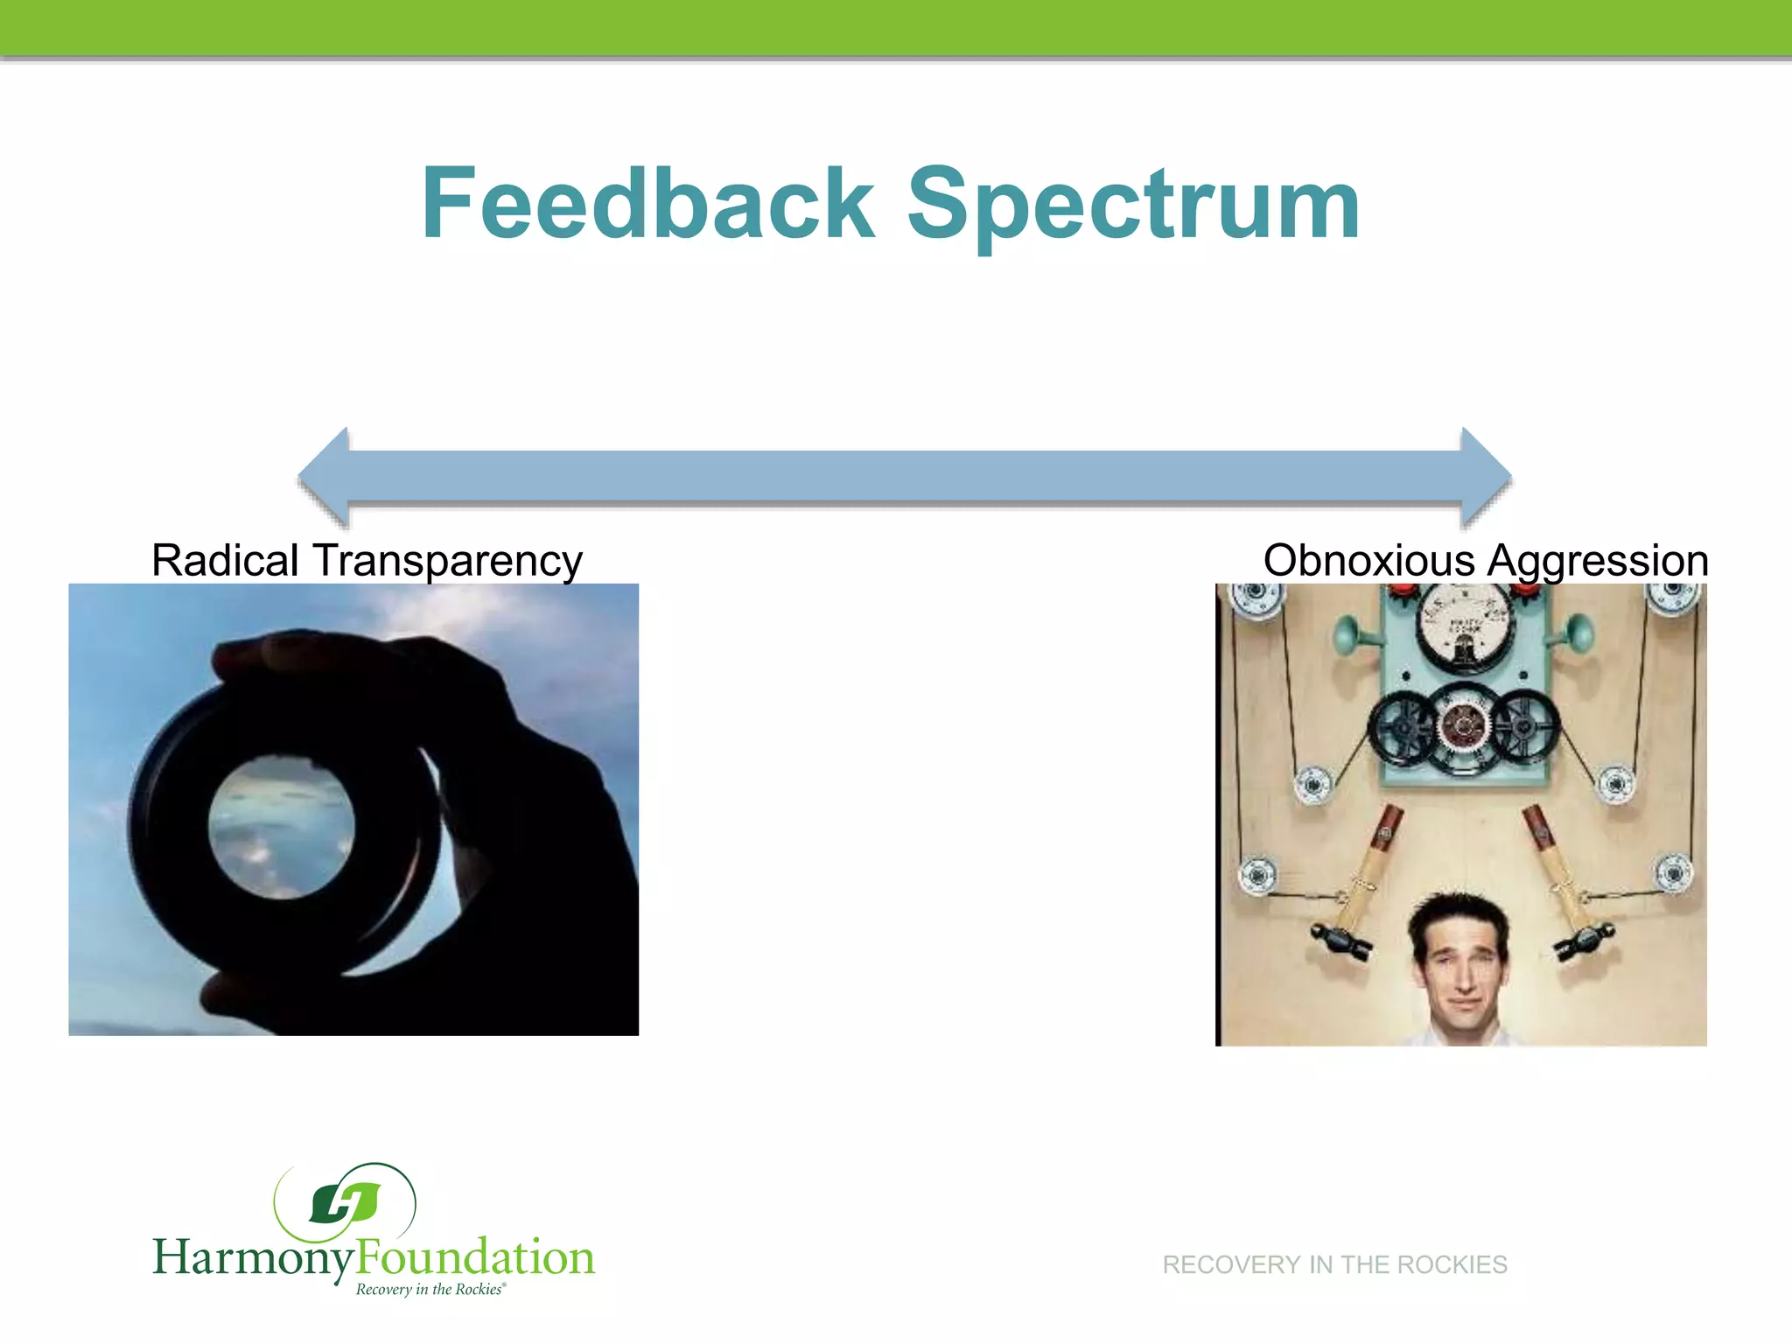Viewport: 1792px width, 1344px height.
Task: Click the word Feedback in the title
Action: pos(647,203)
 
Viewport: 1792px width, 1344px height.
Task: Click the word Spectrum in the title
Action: pos(1133,206)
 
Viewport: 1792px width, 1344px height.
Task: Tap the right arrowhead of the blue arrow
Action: pos(1485,478)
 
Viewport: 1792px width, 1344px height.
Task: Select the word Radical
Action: pos(226,560)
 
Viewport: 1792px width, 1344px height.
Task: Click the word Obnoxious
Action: pos(1368,560)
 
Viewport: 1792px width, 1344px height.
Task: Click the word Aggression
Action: pos(1598,562)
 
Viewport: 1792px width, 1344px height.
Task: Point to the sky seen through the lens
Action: pos(282,827)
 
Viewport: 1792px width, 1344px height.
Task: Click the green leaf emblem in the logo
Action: pos(346,1202)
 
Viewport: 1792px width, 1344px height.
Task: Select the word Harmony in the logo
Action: pos(254,1258)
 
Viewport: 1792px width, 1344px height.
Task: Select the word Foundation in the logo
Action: pos(476,1256)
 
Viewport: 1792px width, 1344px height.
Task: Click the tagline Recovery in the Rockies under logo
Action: pos(430,1290)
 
